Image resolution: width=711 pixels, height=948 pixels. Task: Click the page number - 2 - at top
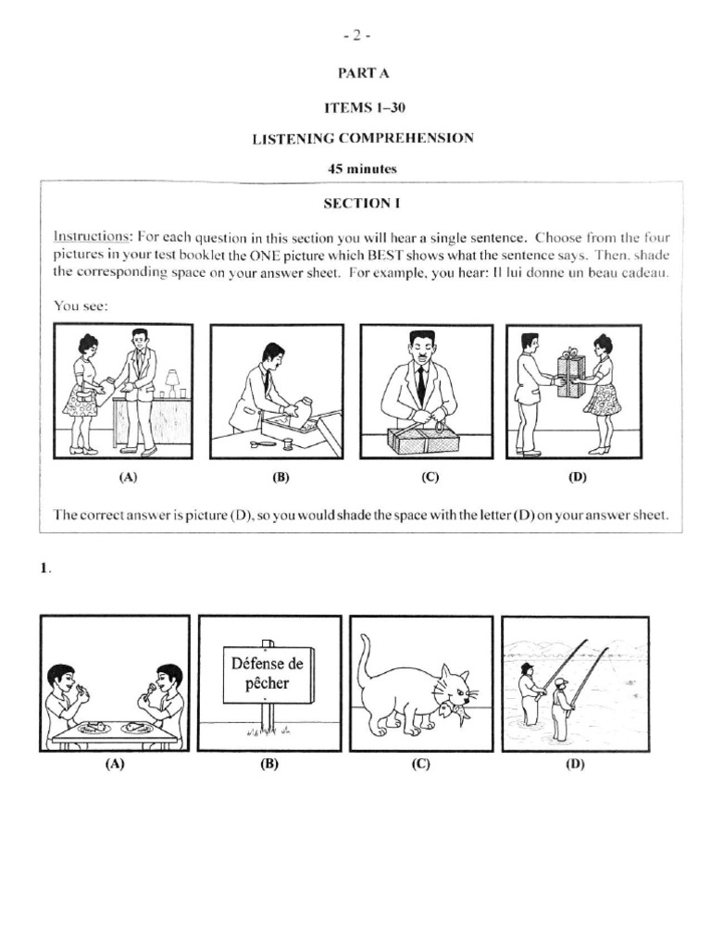point(355,36)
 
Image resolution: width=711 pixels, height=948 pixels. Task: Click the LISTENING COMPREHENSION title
point(364,138)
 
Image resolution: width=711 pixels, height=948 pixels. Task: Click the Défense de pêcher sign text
point(267,675)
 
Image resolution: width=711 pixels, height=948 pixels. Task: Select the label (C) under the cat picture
point(421,765)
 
